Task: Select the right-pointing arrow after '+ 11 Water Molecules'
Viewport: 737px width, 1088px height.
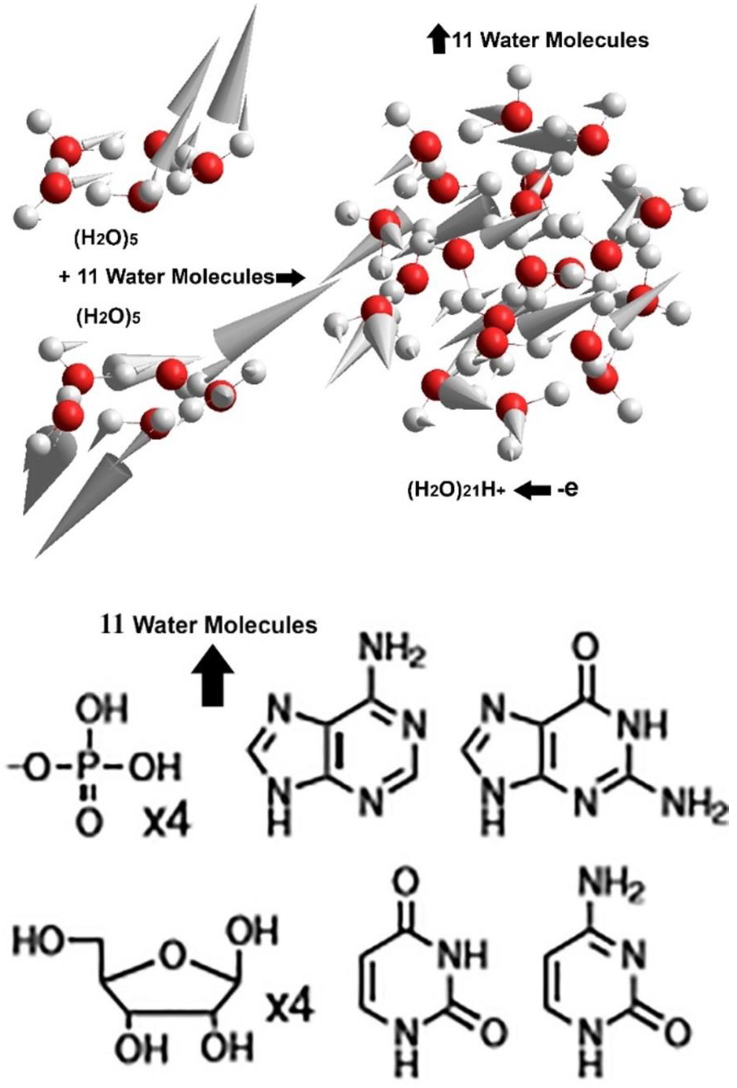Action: point(290,278)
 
